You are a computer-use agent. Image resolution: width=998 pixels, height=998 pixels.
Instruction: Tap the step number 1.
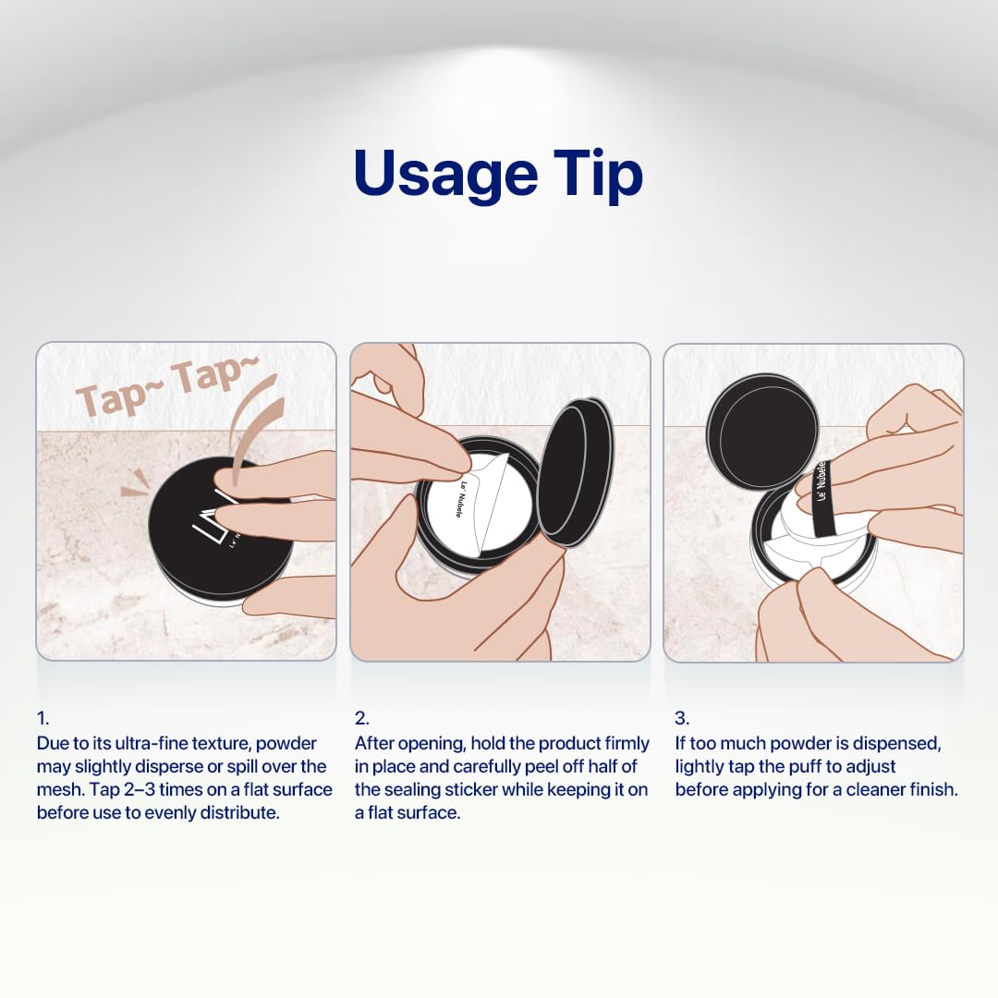coord(43,719)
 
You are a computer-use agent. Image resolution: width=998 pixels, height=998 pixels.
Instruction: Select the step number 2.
coord(361,719)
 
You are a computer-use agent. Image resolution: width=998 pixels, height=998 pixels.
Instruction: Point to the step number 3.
coord(682,719)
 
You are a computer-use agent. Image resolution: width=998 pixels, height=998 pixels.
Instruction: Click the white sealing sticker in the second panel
coord(474,503)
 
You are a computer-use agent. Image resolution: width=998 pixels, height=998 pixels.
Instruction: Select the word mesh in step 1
coord(60,790)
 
